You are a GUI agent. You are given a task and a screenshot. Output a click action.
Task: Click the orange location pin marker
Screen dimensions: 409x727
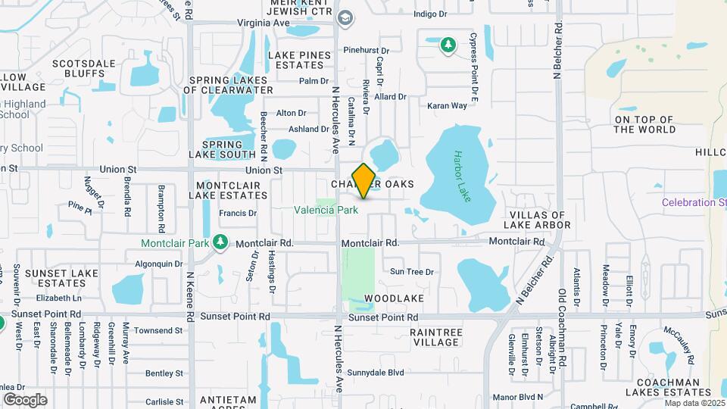[x=364, y=181]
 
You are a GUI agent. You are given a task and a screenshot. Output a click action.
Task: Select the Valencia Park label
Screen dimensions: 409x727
[x=326, y=210]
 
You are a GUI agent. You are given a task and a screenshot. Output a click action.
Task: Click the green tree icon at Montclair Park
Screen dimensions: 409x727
[x=220, y=242]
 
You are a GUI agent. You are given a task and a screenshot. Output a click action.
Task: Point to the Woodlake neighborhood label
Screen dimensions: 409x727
[x=389, y=299]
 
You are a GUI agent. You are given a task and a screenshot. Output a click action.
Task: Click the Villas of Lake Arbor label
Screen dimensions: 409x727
[x=536, y=219]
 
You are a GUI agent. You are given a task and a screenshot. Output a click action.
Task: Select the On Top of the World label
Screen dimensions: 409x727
[x=644, y=124]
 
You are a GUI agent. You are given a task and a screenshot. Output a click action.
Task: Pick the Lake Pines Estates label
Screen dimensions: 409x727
[x=299, y=60]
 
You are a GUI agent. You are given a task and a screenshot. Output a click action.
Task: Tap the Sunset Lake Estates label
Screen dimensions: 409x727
[x=52, y=277]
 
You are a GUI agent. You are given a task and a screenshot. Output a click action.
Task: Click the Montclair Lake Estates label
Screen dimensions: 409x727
[x=231, y=190]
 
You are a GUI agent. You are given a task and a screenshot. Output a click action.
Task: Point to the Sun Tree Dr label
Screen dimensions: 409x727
[x=411, y=272]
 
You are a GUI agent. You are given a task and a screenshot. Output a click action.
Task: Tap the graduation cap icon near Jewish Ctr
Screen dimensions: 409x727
[x=345, y=17]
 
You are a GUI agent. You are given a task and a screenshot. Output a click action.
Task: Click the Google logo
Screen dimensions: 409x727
[x=25, y=399]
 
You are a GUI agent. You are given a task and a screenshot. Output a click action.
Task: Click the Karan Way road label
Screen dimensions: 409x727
[x=447, y=106]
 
